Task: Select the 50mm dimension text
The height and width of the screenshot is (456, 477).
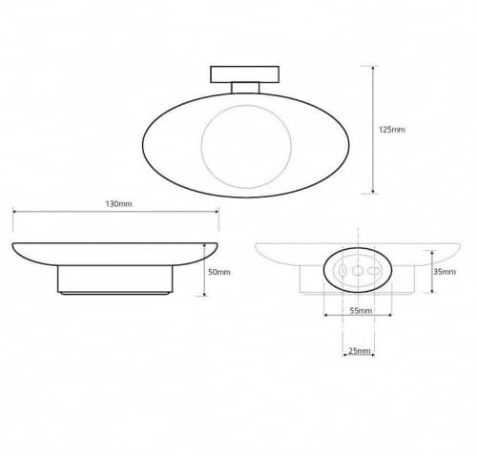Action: [x=218, y=272]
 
